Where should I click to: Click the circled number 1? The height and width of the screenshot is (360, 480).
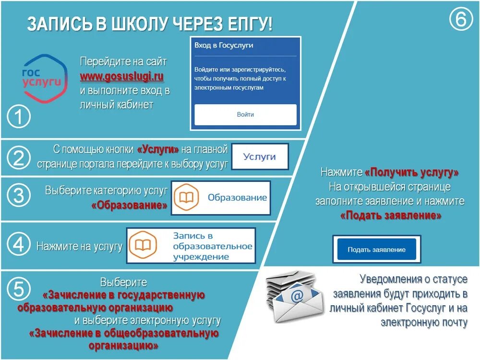coord(19,117)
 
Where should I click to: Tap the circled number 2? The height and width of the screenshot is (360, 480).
coord(19,158)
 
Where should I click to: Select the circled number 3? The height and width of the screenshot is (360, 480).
coord(19,195)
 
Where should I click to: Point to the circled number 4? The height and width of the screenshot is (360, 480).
coord(19,245)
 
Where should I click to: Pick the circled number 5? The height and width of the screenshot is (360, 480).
coord(19,289)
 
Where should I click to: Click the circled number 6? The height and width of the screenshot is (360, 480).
coord(460,20)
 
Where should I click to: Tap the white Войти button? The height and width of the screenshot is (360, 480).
coord(245,115)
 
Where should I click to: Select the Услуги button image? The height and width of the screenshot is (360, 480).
coord(260,156)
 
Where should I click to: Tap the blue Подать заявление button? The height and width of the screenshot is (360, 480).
coord(376,250)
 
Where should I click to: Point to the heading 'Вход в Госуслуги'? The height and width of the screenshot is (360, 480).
coord(224,46)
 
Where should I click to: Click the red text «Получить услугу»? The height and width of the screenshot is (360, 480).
coord(411,172)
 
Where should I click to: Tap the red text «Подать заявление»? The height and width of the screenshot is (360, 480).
coord(391,216)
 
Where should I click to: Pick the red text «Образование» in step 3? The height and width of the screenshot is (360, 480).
coord(129,205)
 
